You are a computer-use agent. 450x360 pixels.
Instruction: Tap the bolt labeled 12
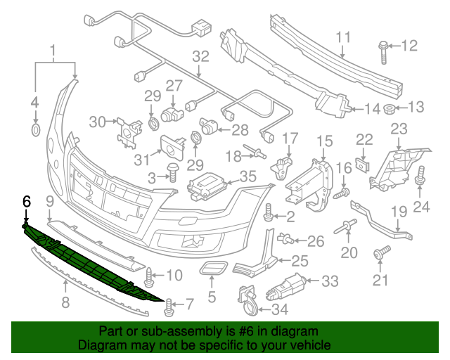(382, 48)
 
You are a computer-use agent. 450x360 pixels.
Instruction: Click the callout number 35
(247, 176)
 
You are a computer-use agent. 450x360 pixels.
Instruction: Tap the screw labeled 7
(169, 305)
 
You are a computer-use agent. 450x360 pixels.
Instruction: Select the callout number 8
(65, 304)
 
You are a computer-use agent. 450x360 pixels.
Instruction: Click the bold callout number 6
(27, 201)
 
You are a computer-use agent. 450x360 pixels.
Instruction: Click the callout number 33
(330, 281)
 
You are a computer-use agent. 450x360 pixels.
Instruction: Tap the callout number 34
(278, 309)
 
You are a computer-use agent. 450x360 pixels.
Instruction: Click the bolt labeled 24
(421, 175)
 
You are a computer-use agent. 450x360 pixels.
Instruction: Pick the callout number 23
(399, 129)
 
